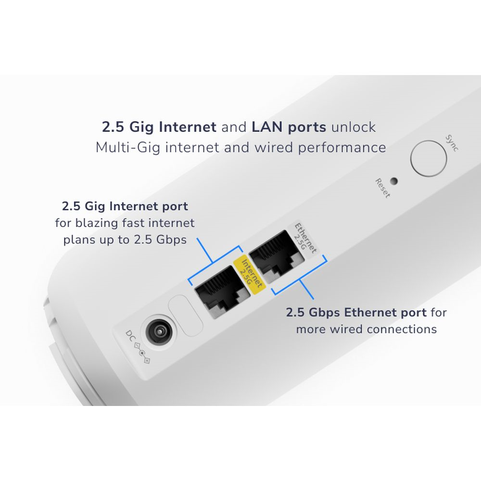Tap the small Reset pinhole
point(394,181)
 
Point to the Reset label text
point(383,188)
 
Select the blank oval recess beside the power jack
point(185,315)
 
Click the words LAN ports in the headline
point(289,127)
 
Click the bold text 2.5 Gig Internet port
point(125,206)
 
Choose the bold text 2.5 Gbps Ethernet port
point(356,313)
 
